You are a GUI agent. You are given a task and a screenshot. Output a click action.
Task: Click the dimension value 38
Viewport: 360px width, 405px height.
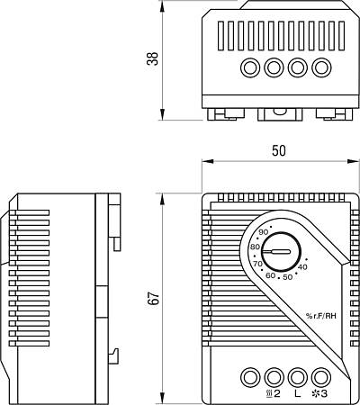pyautogui.click(x=153, y=58)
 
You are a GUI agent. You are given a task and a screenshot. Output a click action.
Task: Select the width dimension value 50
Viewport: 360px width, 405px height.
pyautogui.click(x=279, y=150)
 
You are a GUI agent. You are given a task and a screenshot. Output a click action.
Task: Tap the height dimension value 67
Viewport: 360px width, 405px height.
pyautogui.click(x=153, y=298)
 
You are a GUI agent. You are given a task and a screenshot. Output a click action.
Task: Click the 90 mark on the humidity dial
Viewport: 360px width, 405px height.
pyautogui.click(x=264, y=232)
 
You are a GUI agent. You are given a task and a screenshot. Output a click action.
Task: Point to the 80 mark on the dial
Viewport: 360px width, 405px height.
pyautogui.click(x=255, y=247)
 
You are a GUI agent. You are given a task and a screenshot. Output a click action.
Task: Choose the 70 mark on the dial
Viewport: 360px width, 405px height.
pyautogui.click(x=257, y=264)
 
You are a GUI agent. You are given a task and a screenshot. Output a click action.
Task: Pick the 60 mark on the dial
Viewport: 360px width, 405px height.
pyautogui.click(x=271, y=275)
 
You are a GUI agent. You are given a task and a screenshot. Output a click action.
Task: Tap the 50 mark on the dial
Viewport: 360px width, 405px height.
pyautogui.click(x=288, y=277)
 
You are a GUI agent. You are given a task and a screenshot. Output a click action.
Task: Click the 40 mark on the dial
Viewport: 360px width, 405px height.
pyautogui.click(x=302, y=266)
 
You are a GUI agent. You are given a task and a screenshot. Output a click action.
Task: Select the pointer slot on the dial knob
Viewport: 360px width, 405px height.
pyautogui.click(x=276, y=251)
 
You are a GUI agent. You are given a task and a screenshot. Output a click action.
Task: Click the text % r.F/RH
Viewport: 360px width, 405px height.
pyautogui.click(x=320, y=315)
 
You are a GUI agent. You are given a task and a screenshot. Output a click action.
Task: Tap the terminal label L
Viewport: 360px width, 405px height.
pyautogui.click(x=297, y=393)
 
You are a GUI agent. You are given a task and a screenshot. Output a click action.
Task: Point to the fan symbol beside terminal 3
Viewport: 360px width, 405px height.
pyautogui.click(x=316, y=393)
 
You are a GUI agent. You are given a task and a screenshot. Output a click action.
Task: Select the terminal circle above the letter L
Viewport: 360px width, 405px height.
pyautogui.click(x=298, y=377)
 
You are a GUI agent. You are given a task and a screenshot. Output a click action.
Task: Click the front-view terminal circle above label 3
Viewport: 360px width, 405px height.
pyautogui.click(x=321, y=377)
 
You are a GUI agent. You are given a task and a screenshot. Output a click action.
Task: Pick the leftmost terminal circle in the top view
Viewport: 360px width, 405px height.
pyautogui.click(x=250, y=67)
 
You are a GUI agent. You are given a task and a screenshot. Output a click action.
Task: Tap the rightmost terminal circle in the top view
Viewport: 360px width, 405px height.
pyautogui.click(x=321, y=67)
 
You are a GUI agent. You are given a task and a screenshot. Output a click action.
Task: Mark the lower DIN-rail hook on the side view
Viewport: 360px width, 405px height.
pyautogui.click(x=114, y=356)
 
